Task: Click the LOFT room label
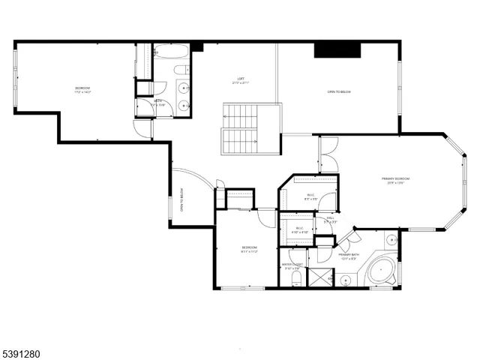point(241,79)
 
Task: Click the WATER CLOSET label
point(292,265)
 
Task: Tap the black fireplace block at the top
point(337,50)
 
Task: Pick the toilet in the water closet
point(295,280)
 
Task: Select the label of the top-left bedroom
point(82,89)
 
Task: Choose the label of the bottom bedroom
point(250,248)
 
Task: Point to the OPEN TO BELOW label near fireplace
point(339,92)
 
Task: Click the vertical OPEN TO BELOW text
point(182,201)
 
